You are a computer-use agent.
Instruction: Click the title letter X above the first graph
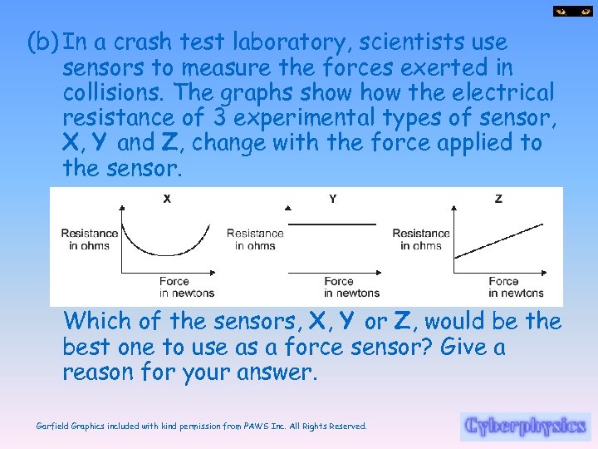[x=167, y=199]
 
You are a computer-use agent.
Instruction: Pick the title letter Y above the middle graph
[x=332, y=199]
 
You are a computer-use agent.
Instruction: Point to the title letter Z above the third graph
[x=498, y=199]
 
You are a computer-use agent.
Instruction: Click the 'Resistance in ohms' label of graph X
[x=90, y=239]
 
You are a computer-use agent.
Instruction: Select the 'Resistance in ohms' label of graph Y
[x=255, y=239]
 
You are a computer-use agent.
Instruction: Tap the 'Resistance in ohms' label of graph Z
[x=421, y=239]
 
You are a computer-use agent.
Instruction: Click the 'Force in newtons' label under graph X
[x=187, y=287]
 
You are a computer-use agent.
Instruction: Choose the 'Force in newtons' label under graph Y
[x=351, y=287]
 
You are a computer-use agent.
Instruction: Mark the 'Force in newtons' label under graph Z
[x=516, y=287]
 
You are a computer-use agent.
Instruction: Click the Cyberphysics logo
[x=525, y=426]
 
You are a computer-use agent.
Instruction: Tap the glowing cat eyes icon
[x=573, y=12]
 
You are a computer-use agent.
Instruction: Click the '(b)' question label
[x=42, y=42]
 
